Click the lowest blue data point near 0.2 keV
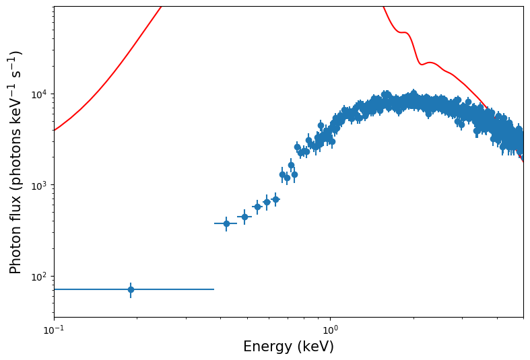click(x=131, y=289)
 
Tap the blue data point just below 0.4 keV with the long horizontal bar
click(x=226, y=223)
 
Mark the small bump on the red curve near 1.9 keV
click(x=404, y=32)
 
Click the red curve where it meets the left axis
click(x=55, y=130)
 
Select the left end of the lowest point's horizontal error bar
click(x=55, y=289)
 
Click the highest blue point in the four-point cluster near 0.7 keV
click(x=291, y=165)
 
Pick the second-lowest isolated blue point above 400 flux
click(x=244, y=217)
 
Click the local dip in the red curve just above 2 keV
click(x=422, y=64)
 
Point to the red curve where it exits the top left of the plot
click(x=161, y=7)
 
